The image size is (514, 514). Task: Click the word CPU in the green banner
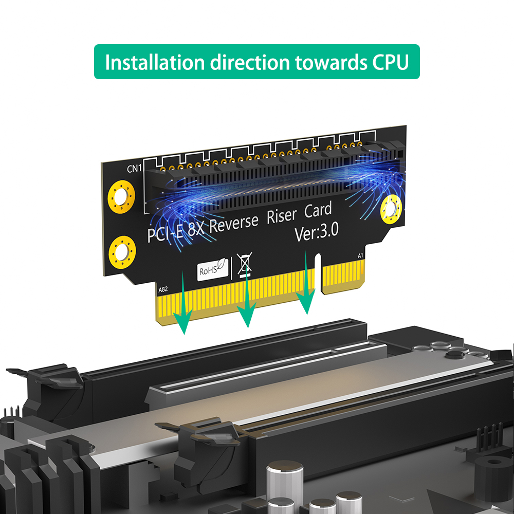(391, 62)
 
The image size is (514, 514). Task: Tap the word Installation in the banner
(155, 62)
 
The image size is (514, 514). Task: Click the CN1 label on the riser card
(134, 168)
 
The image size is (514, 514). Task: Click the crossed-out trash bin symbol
(245, 265)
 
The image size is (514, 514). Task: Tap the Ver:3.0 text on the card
(316, 232)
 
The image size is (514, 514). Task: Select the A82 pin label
(163, 289)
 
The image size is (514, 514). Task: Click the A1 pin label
(360, 255)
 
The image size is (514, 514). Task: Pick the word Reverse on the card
(233, 224)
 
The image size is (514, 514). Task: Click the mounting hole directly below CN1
(121, 197)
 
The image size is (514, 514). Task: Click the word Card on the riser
(318, 210)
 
